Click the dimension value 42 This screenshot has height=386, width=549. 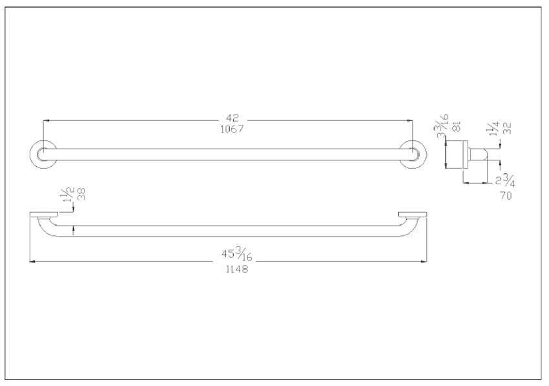click(x=232, y=118)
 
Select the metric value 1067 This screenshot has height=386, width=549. click(x=232, y=129)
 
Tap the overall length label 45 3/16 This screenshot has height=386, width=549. click(x=236, y=254)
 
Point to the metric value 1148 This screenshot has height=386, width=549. click(x=236, y=269)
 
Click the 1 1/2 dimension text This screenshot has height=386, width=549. click(x=68, y=194)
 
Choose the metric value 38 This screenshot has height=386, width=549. click(x=81, y=194)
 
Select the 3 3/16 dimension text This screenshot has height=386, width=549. click(x=442, y=126)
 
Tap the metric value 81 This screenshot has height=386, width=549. click(x=457, y=126)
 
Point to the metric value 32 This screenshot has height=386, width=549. click(x=508, y=128)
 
